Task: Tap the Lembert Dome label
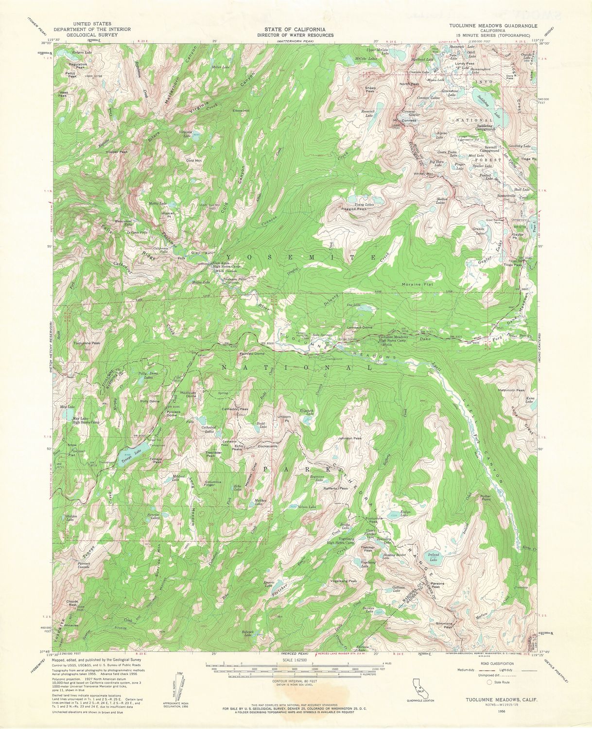coord(360,328)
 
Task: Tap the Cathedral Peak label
coord(235,409)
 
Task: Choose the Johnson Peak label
coord(350,438)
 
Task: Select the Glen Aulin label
coord(203,253)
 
